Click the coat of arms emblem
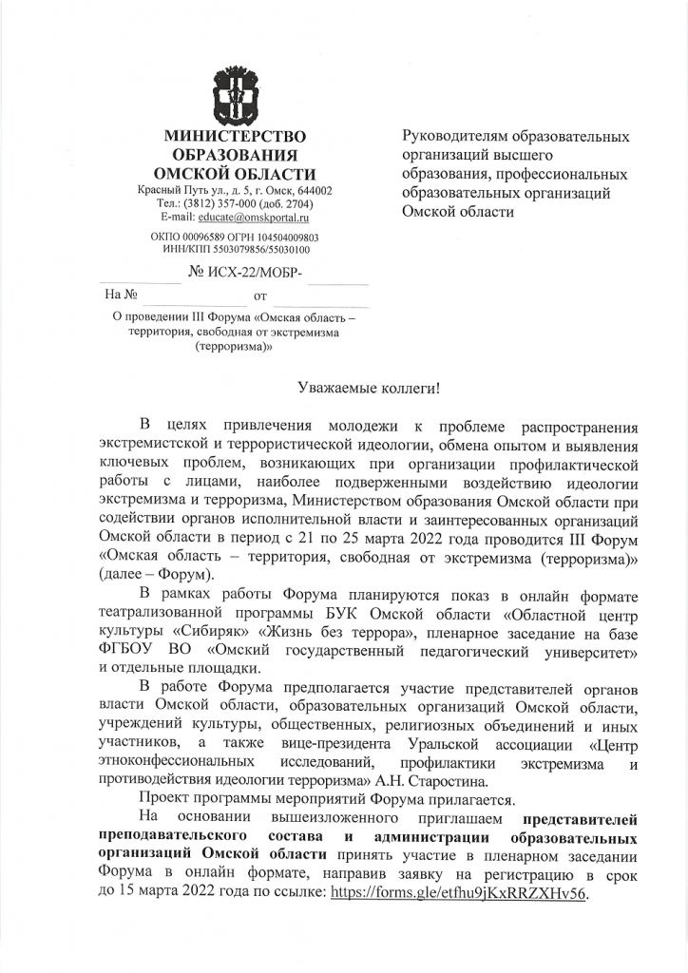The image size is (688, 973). [x=236, y=94]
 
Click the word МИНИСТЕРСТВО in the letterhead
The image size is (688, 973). [x=236, y=137]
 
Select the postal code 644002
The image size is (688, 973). [x=309, y=190]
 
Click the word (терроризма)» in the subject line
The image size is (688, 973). [x=234, y=348]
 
